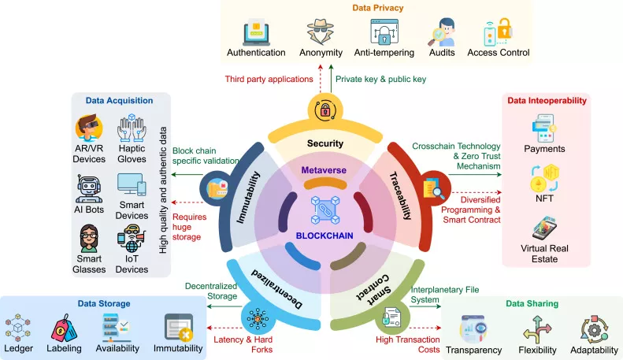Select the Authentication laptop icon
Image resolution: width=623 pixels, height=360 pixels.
click(256, 32)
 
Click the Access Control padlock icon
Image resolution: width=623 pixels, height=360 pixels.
click(499, 32)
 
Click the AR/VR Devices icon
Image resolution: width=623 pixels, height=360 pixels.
click(89, 129)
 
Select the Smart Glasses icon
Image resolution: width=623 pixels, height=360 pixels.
click(89, 239)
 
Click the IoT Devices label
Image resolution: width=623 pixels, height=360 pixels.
click(132, 263)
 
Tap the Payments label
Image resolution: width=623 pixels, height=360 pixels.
click(545, 149)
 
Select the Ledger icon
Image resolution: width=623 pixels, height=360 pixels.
click(18, 326)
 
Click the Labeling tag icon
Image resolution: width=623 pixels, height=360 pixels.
click(65, 326)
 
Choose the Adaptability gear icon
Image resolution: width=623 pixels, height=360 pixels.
click(593, 328)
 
